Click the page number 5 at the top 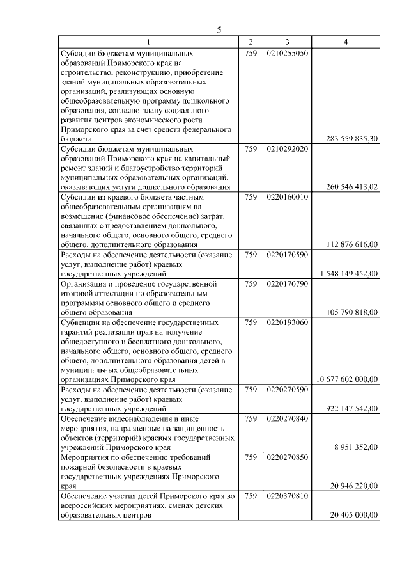tap(219, 30)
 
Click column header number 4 tap(346, 42)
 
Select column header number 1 tap(148, 42)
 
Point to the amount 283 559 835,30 tap(352, 138)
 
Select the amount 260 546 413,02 tap(352, 187)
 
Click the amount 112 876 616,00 tap(352, 244)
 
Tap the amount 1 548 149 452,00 tap(349, 273)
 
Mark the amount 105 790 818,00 tap(352, 312)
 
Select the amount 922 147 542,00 tap(352, 408)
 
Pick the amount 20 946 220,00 tap(354, 486)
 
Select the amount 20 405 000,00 tap(354, 514)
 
